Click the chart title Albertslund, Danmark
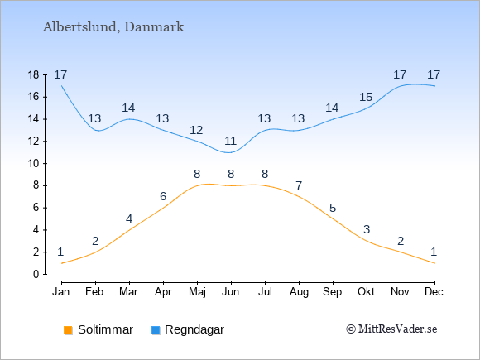[x=113, y=27]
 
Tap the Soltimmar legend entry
[x=98, y=329]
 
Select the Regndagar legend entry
[x=188, y=329]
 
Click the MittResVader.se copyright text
[x=391, y=329]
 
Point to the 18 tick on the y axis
[x=33, y=75]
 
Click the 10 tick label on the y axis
[x=33, y=164]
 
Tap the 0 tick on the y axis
[x=36, y=274]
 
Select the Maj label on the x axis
[x=197, y=292]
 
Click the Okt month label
[x=366, y=292]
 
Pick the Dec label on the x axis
[x=434, y=292]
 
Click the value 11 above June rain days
[x=231, y=142]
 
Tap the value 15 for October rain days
[x=366, y=98]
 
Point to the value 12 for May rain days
[x=196, y=131]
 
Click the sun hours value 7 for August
[x=299, y=185]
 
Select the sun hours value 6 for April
[x=163, y=196]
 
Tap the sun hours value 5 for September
[x=333, y=209]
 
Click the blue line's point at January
[x=61, y=86]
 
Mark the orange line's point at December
[x=434, y=263]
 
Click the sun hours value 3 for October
[x=367, y=229]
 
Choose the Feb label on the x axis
[x=94, y=292]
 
